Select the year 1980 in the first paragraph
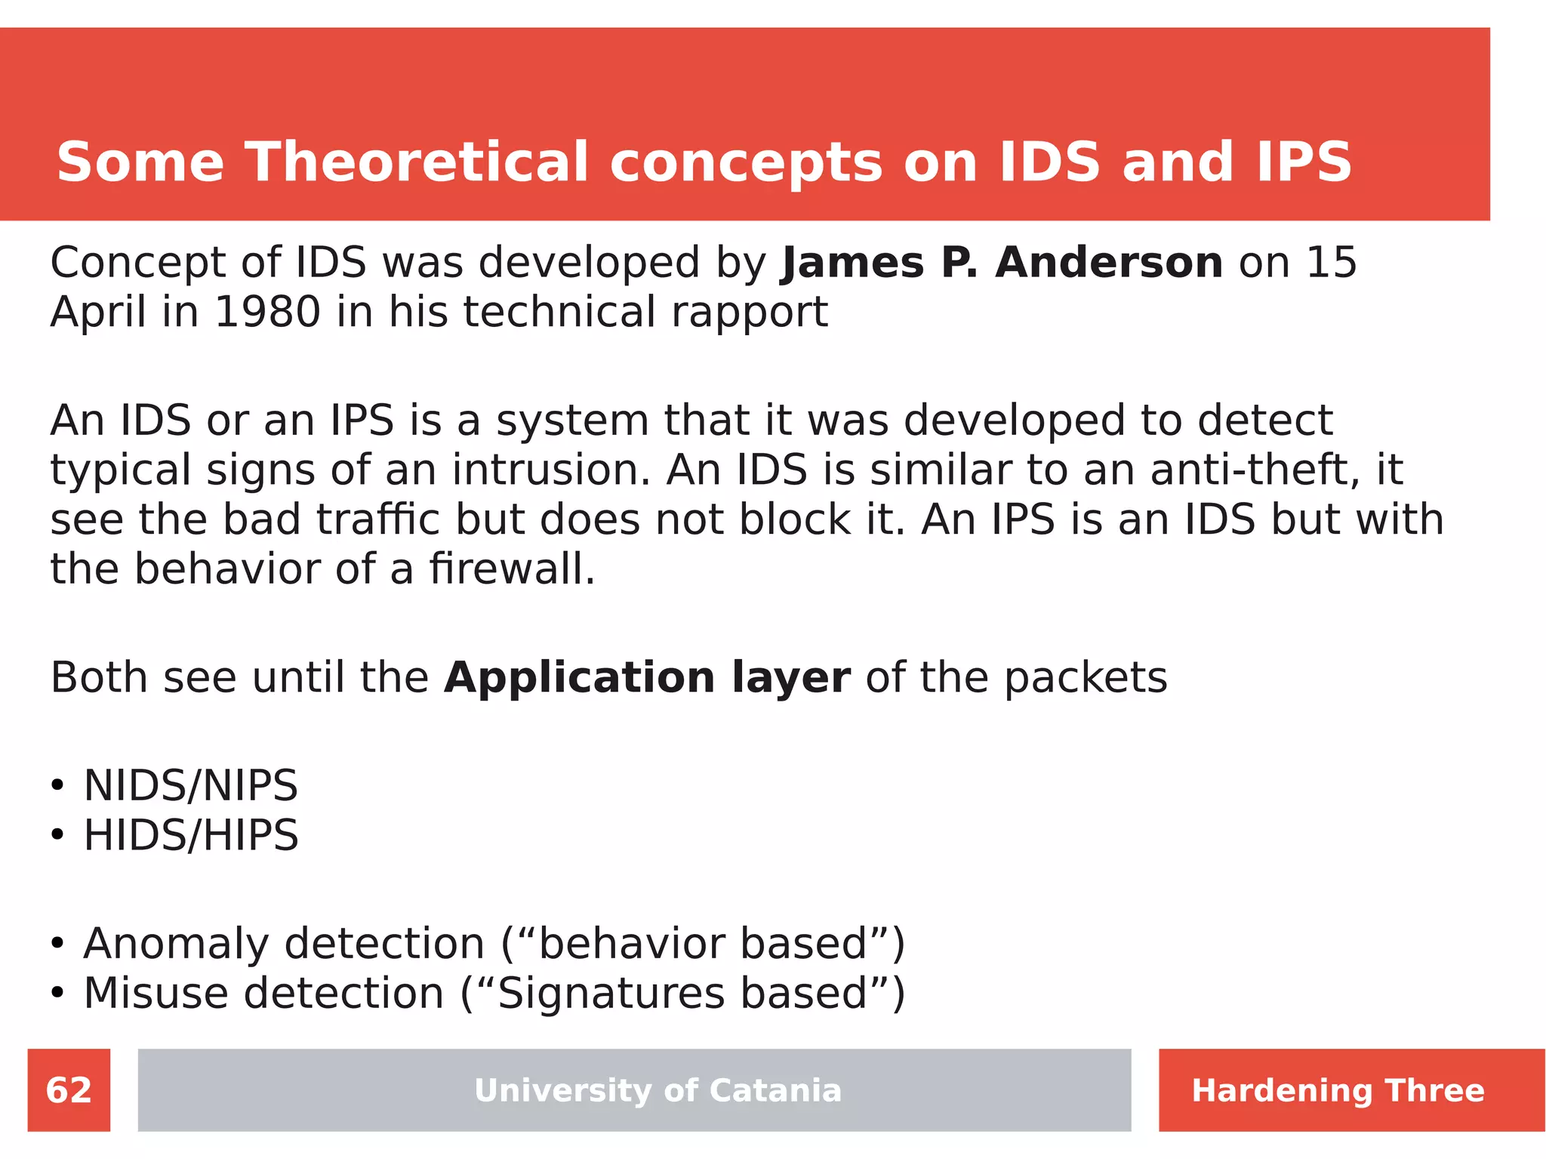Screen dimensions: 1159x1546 [x=267, y=312]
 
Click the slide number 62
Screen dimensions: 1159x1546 [x=69, y=1090]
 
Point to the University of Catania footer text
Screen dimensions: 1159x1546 [x=658, y=1090]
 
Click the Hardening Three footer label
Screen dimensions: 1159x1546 [x=1338, y=1090]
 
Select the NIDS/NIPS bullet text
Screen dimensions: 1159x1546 [x=190, y=785]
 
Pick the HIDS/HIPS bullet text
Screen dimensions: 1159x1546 [x=190, y=835]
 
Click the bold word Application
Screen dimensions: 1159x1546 [x=579, y=677]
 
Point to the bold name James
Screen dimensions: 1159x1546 [x=853, y=263]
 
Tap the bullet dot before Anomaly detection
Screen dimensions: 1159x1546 [x=57, y=944]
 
